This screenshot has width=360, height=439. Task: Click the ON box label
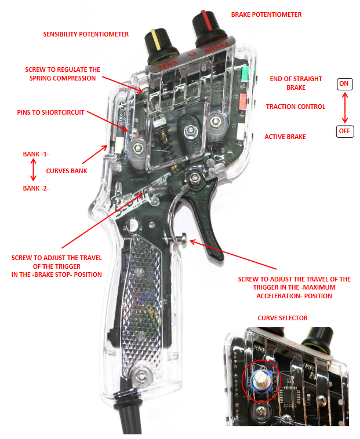pyautogui.click(x=344, y=84)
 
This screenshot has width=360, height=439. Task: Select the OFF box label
pyautogui.click(x=344, y=131)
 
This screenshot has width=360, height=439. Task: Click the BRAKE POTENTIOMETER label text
pyautogui.click(x=266, y=14)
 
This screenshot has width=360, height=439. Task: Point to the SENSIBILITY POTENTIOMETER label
pyautogui.click(x=86, y=34)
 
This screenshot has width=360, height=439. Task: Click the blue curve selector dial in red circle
pyautogui.click(x=260, y=379)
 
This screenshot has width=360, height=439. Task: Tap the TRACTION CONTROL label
pyautogui.click(x=295, y=107)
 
